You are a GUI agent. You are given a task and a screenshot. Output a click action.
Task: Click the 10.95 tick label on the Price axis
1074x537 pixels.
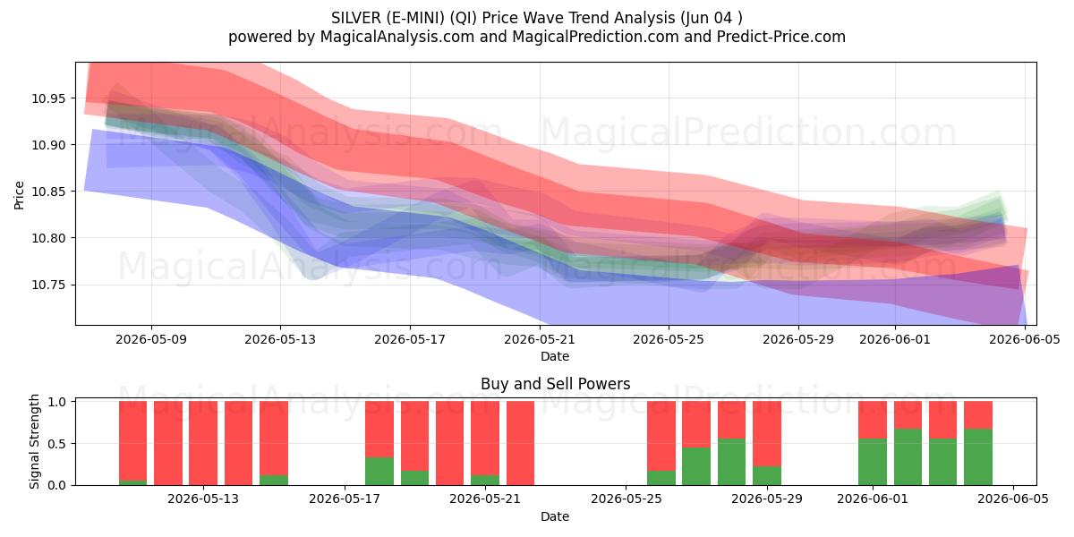(x=47, y=98)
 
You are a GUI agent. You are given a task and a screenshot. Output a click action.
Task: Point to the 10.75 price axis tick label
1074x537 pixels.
(x=47, y=286)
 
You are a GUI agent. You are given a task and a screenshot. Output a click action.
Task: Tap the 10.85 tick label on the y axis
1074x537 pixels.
(x=47, y=192)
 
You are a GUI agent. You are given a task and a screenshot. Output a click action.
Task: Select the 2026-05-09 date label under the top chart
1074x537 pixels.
(x=151, y=339)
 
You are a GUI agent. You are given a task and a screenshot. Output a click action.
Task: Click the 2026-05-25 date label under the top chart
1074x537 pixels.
(x=669, y=339)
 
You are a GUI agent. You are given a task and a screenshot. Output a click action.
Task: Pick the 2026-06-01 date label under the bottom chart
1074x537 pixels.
(x=873, y=499)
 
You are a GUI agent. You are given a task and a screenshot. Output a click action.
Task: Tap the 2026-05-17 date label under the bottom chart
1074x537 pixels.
(x=345, y=499)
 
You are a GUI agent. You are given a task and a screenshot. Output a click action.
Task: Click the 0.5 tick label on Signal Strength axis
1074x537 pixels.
(x=56, y=444)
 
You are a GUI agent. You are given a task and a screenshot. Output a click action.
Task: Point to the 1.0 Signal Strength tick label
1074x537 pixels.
(x=56, y=402)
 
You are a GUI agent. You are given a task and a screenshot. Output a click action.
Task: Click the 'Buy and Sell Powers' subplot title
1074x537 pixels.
(x=555, y=384)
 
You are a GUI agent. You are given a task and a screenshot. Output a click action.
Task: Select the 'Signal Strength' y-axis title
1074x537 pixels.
(x=34, y=441)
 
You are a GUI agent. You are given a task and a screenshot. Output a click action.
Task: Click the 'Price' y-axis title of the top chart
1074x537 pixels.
(x=19, y=195)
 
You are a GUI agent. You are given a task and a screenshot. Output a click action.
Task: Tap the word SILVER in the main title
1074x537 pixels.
(x=356, y=18)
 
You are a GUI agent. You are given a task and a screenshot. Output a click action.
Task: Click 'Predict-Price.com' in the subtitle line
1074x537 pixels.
(x=781, y=37)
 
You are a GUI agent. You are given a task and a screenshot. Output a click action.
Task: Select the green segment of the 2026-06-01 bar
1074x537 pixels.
(x=873, y=462)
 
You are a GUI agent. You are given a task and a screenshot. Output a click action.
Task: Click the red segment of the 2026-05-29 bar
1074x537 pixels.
(x=767, y=434)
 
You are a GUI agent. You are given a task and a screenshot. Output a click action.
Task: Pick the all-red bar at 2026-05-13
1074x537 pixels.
(x=203, y=443)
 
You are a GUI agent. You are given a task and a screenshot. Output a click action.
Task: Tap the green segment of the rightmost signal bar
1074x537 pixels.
(x=978, y=457)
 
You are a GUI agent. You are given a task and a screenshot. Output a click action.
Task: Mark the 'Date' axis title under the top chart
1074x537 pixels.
(x=555, y=357)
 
